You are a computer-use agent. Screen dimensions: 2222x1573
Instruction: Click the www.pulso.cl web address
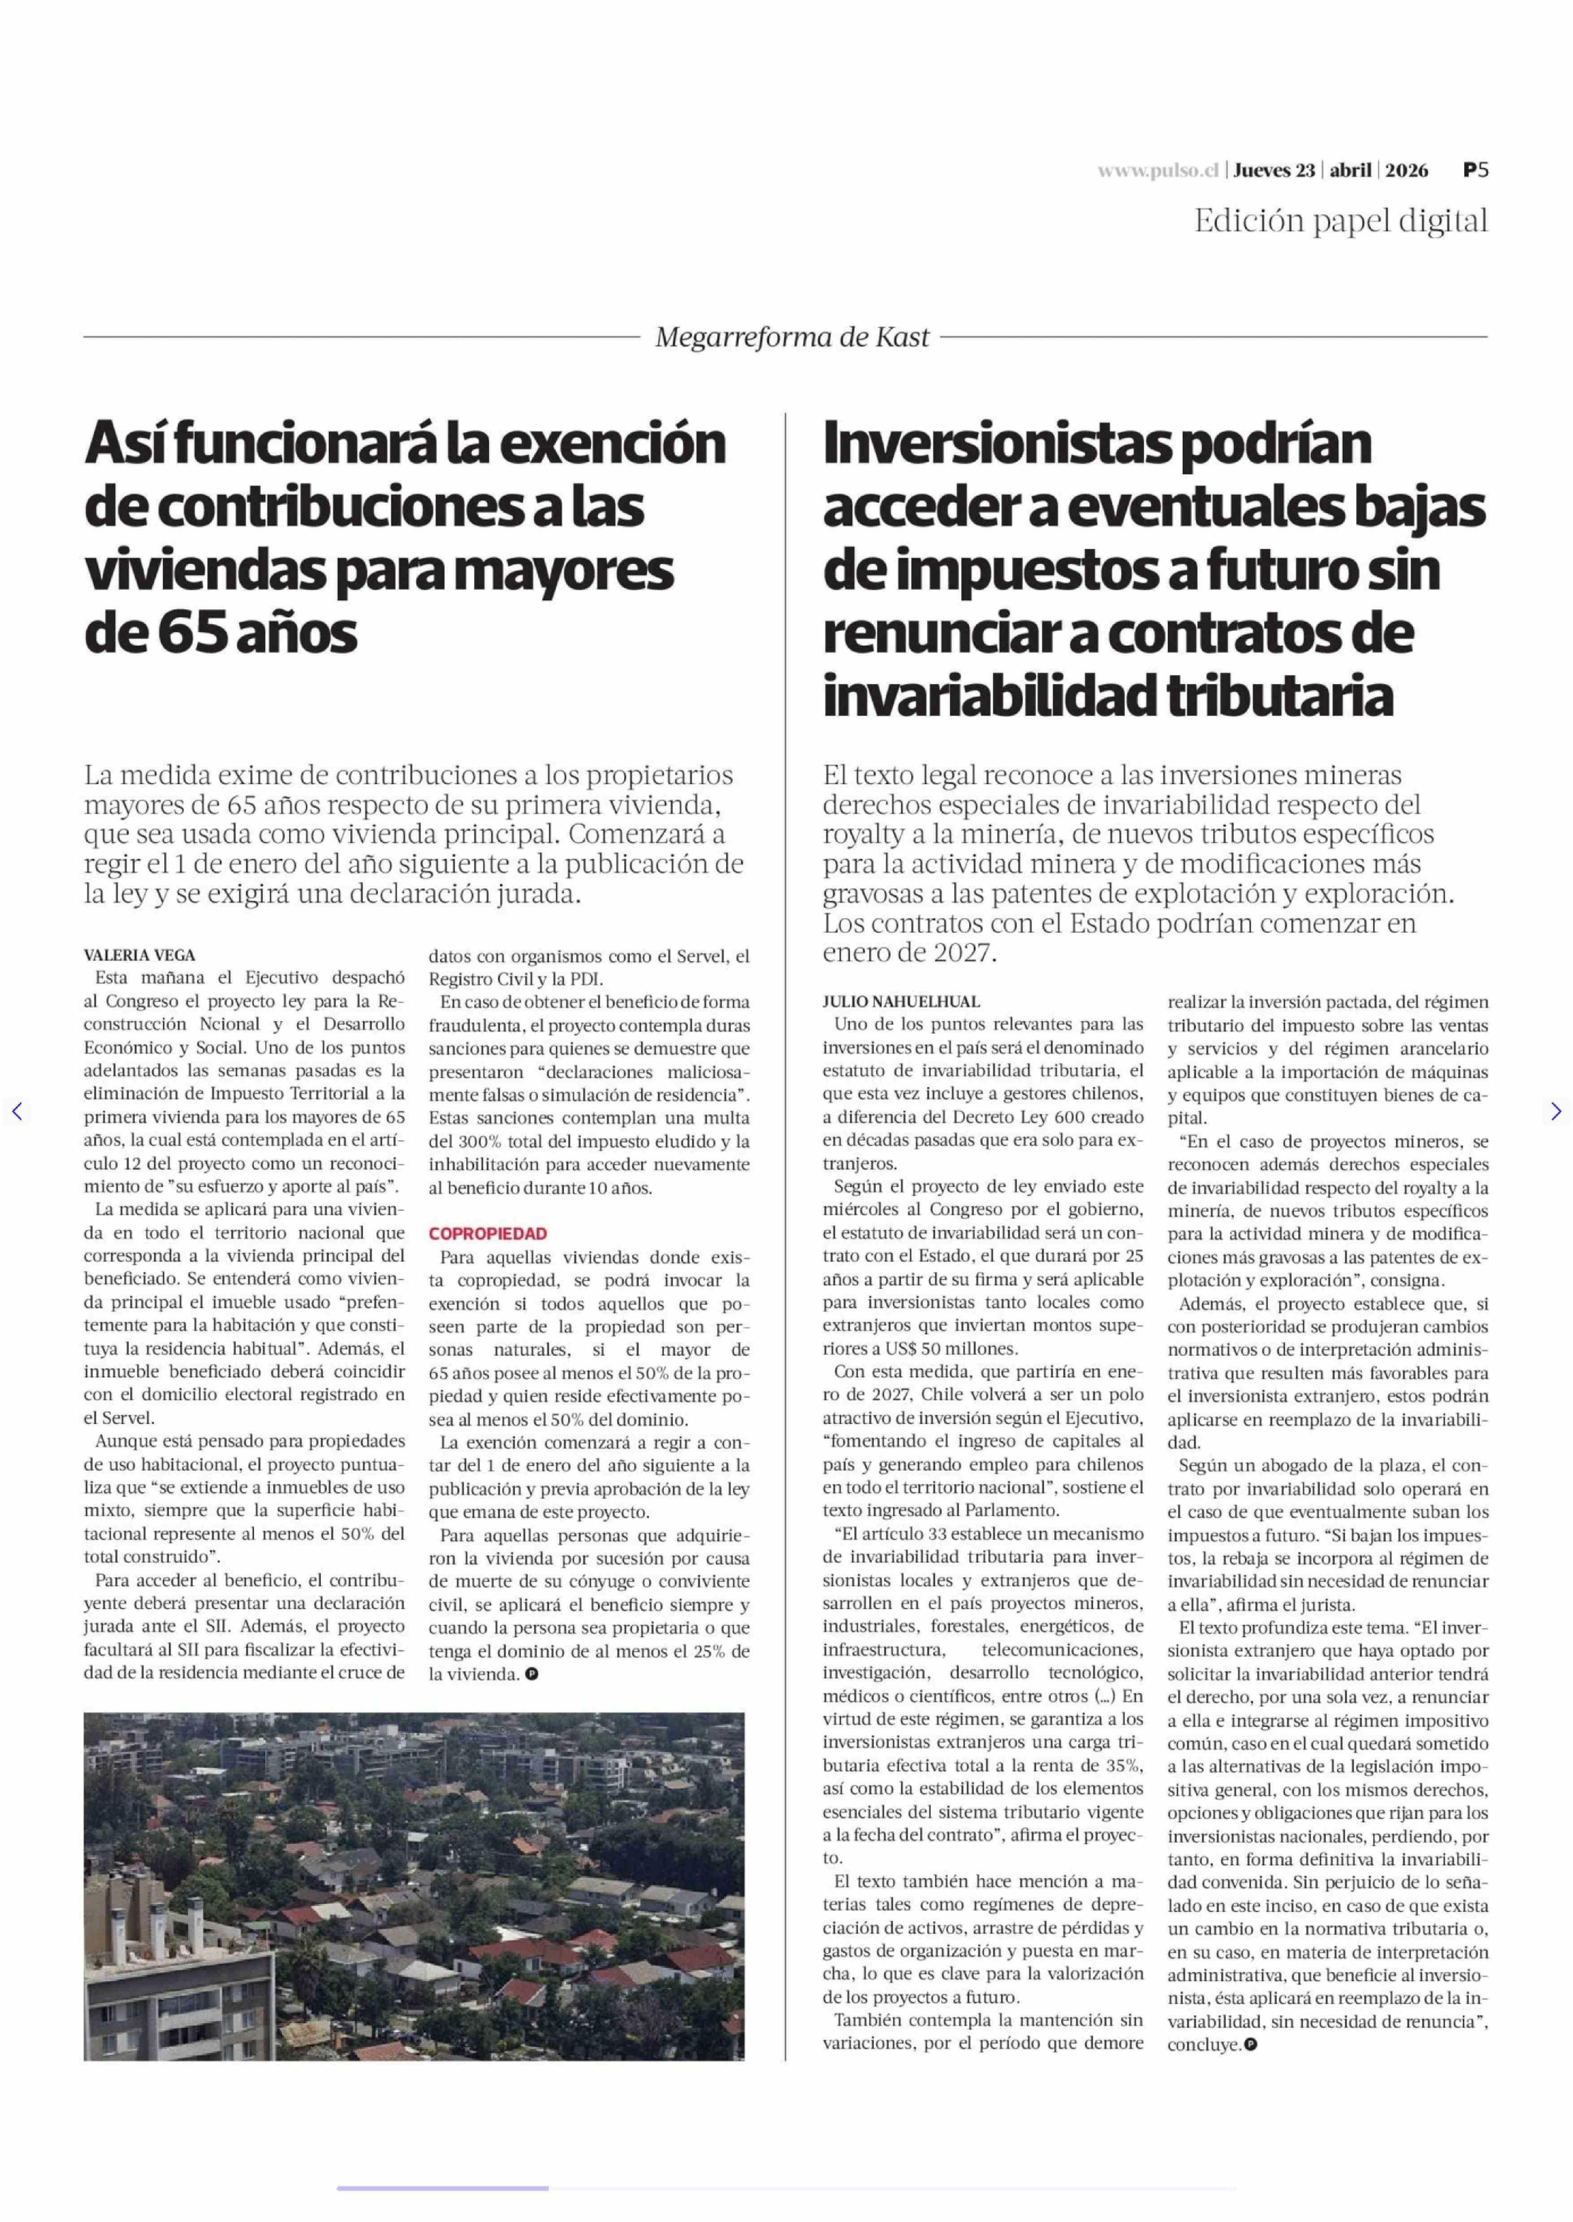click(x=1157, y=170)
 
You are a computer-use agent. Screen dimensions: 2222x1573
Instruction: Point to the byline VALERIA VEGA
click(x=139, y=955)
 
